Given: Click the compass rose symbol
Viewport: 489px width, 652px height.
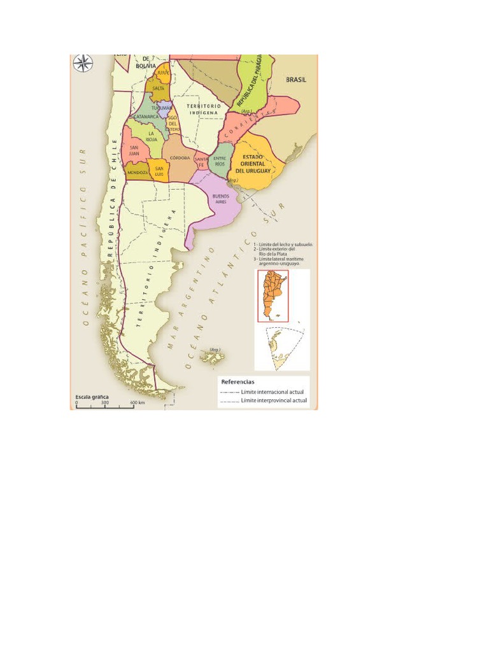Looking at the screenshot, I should (82, 62).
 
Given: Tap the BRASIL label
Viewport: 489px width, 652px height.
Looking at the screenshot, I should (295, 80).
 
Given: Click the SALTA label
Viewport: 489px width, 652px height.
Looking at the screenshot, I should (159, 89).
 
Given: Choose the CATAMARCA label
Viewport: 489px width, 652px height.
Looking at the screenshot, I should (146, 117).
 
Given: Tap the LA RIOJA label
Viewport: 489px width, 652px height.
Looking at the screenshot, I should (152, 136).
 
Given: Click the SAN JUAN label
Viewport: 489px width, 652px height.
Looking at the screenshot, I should (134, 150).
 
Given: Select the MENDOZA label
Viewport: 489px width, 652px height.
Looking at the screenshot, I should (138, 173).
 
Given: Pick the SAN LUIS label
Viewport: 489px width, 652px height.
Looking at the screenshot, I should (159, 170).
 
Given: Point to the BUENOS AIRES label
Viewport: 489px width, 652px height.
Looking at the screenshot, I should (220, 198).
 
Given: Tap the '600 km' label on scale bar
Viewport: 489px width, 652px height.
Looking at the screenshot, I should (138, 402).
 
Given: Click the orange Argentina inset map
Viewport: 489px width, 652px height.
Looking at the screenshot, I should (273, 295).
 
